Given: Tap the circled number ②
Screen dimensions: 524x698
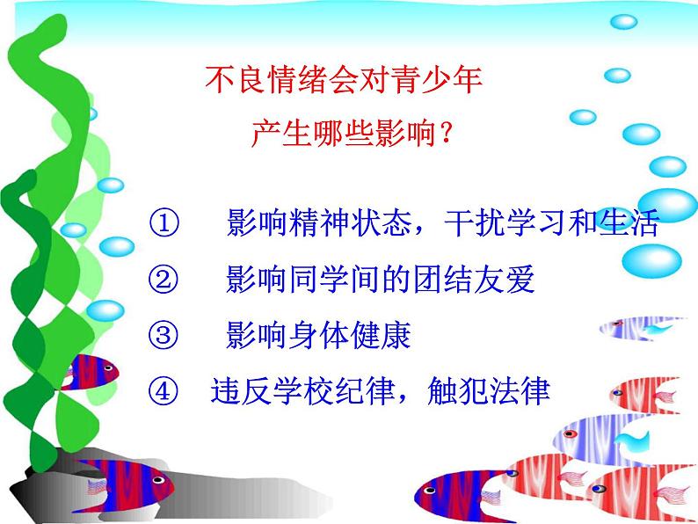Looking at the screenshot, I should tap(164, 280).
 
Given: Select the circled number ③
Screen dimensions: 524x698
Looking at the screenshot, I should tap(164, 336).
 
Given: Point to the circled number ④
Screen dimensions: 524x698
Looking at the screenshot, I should tap(164, 390).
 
